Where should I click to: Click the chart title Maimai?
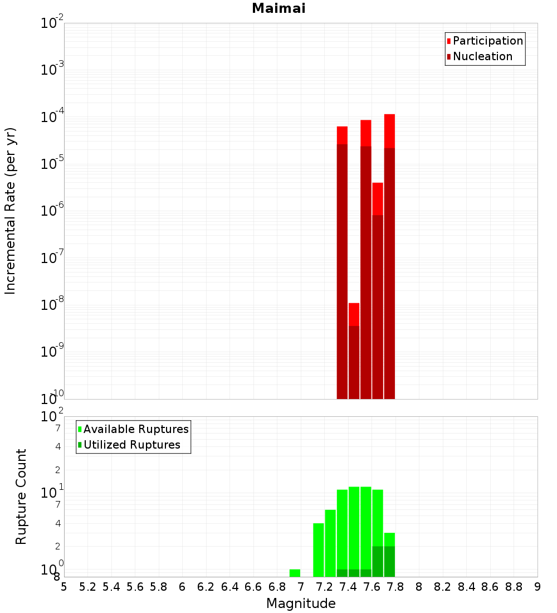tap(278, 9)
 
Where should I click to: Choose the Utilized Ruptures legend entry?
tap(131, 445)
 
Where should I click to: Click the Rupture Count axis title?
tap(21, 497)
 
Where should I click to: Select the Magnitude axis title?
tap(301, 604)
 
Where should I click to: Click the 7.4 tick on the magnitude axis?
tap(348, 587)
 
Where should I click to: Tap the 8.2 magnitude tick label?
tap(443, 587)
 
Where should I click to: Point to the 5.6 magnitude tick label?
tap(135, 587)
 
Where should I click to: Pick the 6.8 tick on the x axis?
tap(277, 587)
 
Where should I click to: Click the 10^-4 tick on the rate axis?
tap(52, 118)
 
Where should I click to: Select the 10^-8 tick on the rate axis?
tap(52, 305)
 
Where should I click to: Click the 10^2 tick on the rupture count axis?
tap(52, 417)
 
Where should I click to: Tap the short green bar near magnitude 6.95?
tap(295, 573)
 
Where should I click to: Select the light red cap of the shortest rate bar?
tap(354, 314)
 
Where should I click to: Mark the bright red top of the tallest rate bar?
tap(389, 131)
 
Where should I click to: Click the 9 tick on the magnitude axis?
tap(538, 587)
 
